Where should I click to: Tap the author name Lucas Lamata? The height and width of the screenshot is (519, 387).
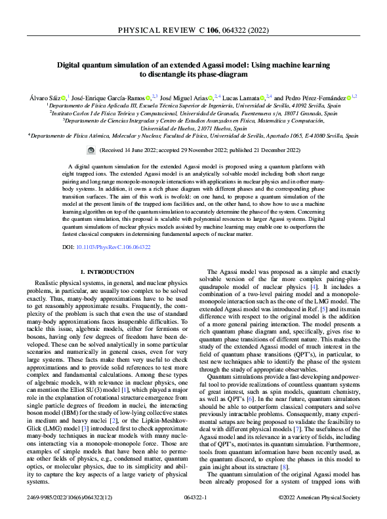241,96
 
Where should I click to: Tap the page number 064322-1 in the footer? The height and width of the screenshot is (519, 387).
193,499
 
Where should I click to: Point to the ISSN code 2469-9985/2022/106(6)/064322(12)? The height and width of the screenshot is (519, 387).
73,499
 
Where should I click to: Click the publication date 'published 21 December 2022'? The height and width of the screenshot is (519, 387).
255,150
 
